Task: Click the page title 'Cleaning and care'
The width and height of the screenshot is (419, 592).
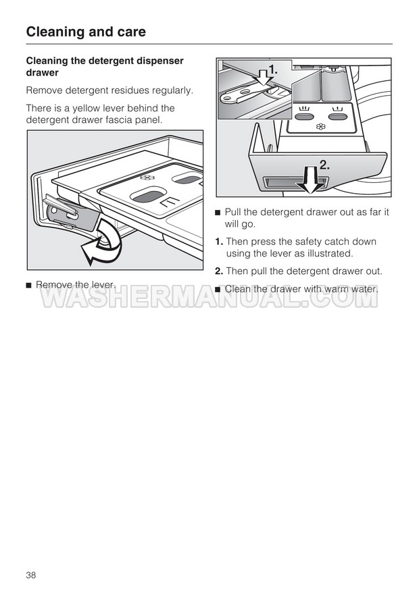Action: pos(86,32)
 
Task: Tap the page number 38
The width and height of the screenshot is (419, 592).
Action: pos(31,575)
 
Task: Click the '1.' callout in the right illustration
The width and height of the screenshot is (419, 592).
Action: pos(273,70)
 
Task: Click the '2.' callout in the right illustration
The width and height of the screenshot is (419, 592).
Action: pos(324,165)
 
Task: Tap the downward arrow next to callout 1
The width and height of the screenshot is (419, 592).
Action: pos(264,77)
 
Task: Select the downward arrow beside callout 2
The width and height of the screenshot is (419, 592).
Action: pos(311,180)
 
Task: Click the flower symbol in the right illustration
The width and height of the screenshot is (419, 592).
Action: pos(321,126)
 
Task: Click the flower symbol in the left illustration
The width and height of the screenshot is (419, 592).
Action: pos(147,177)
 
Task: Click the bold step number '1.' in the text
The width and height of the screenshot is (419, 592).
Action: pos(219,242)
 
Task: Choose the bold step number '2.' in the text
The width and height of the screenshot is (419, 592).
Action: pos(219,271)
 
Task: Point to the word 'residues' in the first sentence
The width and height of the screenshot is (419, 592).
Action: pos(129,90)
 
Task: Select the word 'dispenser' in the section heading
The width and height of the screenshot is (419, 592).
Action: pos(159,61)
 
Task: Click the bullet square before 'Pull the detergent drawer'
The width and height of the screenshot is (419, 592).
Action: pos(218,213)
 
